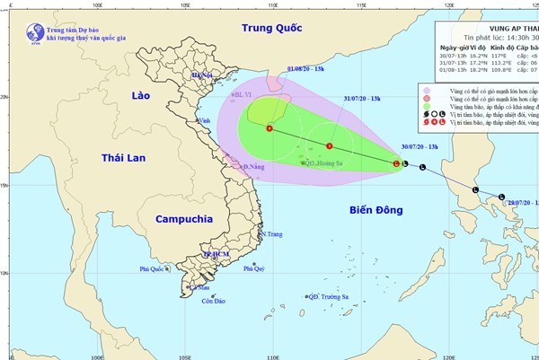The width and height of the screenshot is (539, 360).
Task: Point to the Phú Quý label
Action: [x=253, y=268]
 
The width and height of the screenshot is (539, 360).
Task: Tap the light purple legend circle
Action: [x=429, y=91]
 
